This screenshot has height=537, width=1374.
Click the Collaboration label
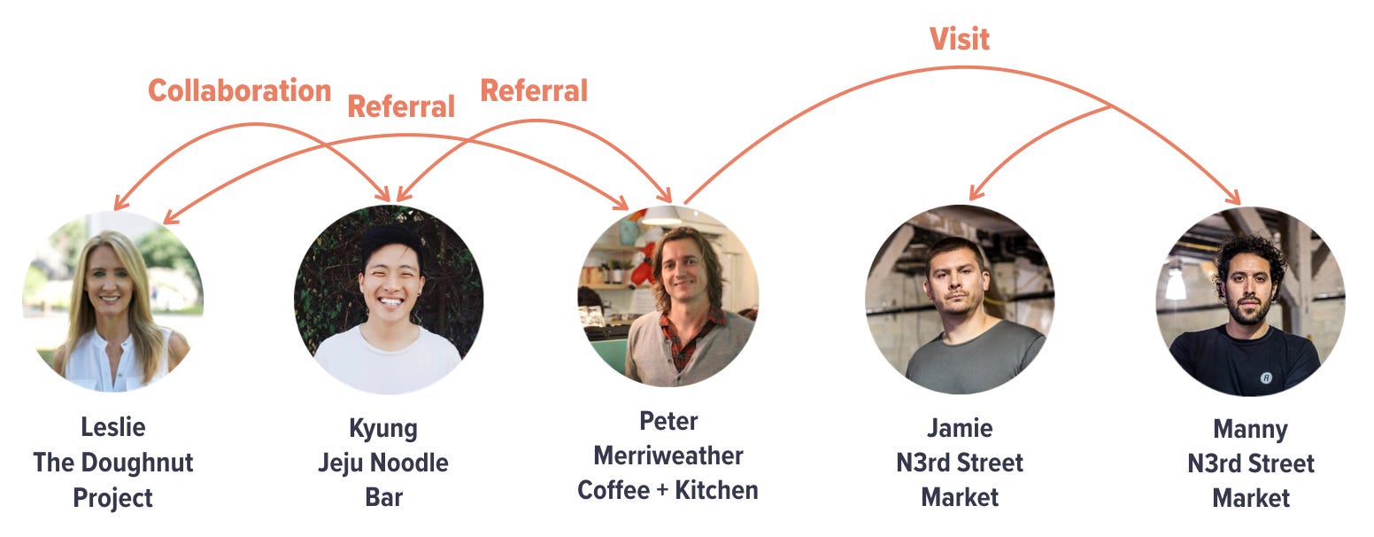click(239, 91)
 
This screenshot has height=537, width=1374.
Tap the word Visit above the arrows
click(959, 39)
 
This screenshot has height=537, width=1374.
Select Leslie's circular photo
click(112, 301)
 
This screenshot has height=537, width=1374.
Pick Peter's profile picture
click(668, 296)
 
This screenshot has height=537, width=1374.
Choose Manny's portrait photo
click(1250, 301)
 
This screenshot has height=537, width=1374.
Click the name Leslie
click(112, 427)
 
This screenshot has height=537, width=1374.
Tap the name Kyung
click(383, 428)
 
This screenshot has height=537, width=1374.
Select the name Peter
click(668, 420)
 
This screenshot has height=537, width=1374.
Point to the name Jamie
click(960, 428)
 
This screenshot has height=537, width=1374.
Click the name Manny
click(1250, 430)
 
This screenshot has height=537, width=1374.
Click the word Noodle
click(408, 463)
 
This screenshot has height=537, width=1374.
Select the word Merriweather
click(668, 455)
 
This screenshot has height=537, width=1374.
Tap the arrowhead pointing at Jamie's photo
click(974, 194)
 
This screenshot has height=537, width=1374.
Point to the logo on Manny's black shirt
click(1267, 377)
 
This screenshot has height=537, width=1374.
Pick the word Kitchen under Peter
click(716, 490)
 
